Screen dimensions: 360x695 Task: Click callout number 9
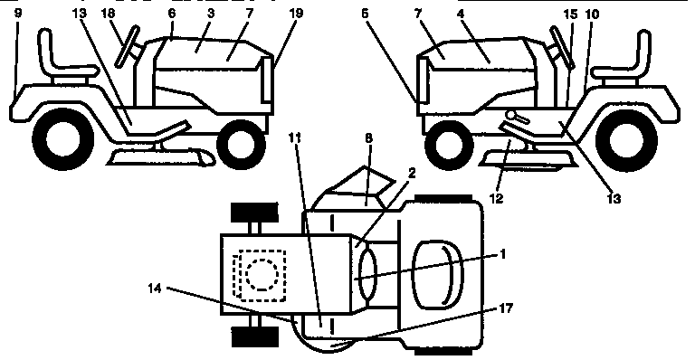(16, 14)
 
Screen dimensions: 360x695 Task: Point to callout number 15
(570, 14)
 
